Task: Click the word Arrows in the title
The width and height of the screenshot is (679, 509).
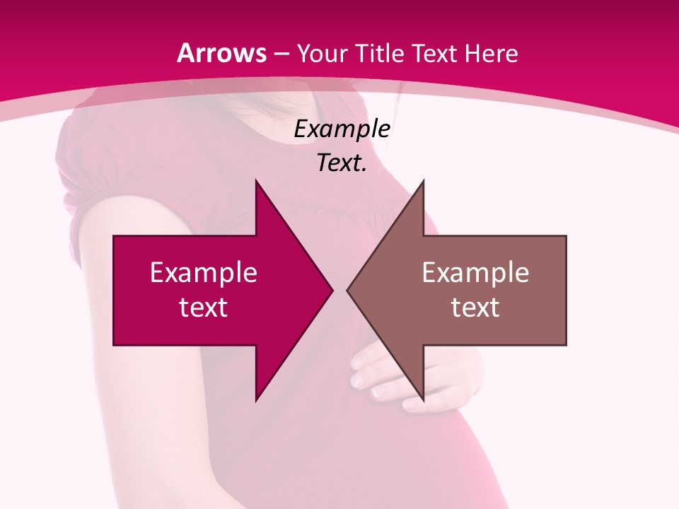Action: (x=222, y=53)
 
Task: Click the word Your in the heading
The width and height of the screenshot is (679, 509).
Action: (x=322, y=53)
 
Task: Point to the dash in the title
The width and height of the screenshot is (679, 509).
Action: (x=282, y=54)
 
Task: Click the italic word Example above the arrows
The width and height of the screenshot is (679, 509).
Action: (x=342, y=129)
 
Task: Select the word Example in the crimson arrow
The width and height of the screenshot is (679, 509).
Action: (x=204, y=272)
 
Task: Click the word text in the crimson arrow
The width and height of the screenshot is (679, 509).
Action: (x=204, y=307)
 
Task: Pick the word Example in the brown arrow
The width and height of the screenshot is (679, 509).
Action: (x=475, y=272)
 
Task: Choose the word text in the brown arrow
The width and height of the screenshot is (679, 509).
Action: (x=475, y=307)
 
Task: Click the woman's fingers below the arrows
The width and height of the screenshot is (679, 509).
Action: (x=375, y=375)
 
